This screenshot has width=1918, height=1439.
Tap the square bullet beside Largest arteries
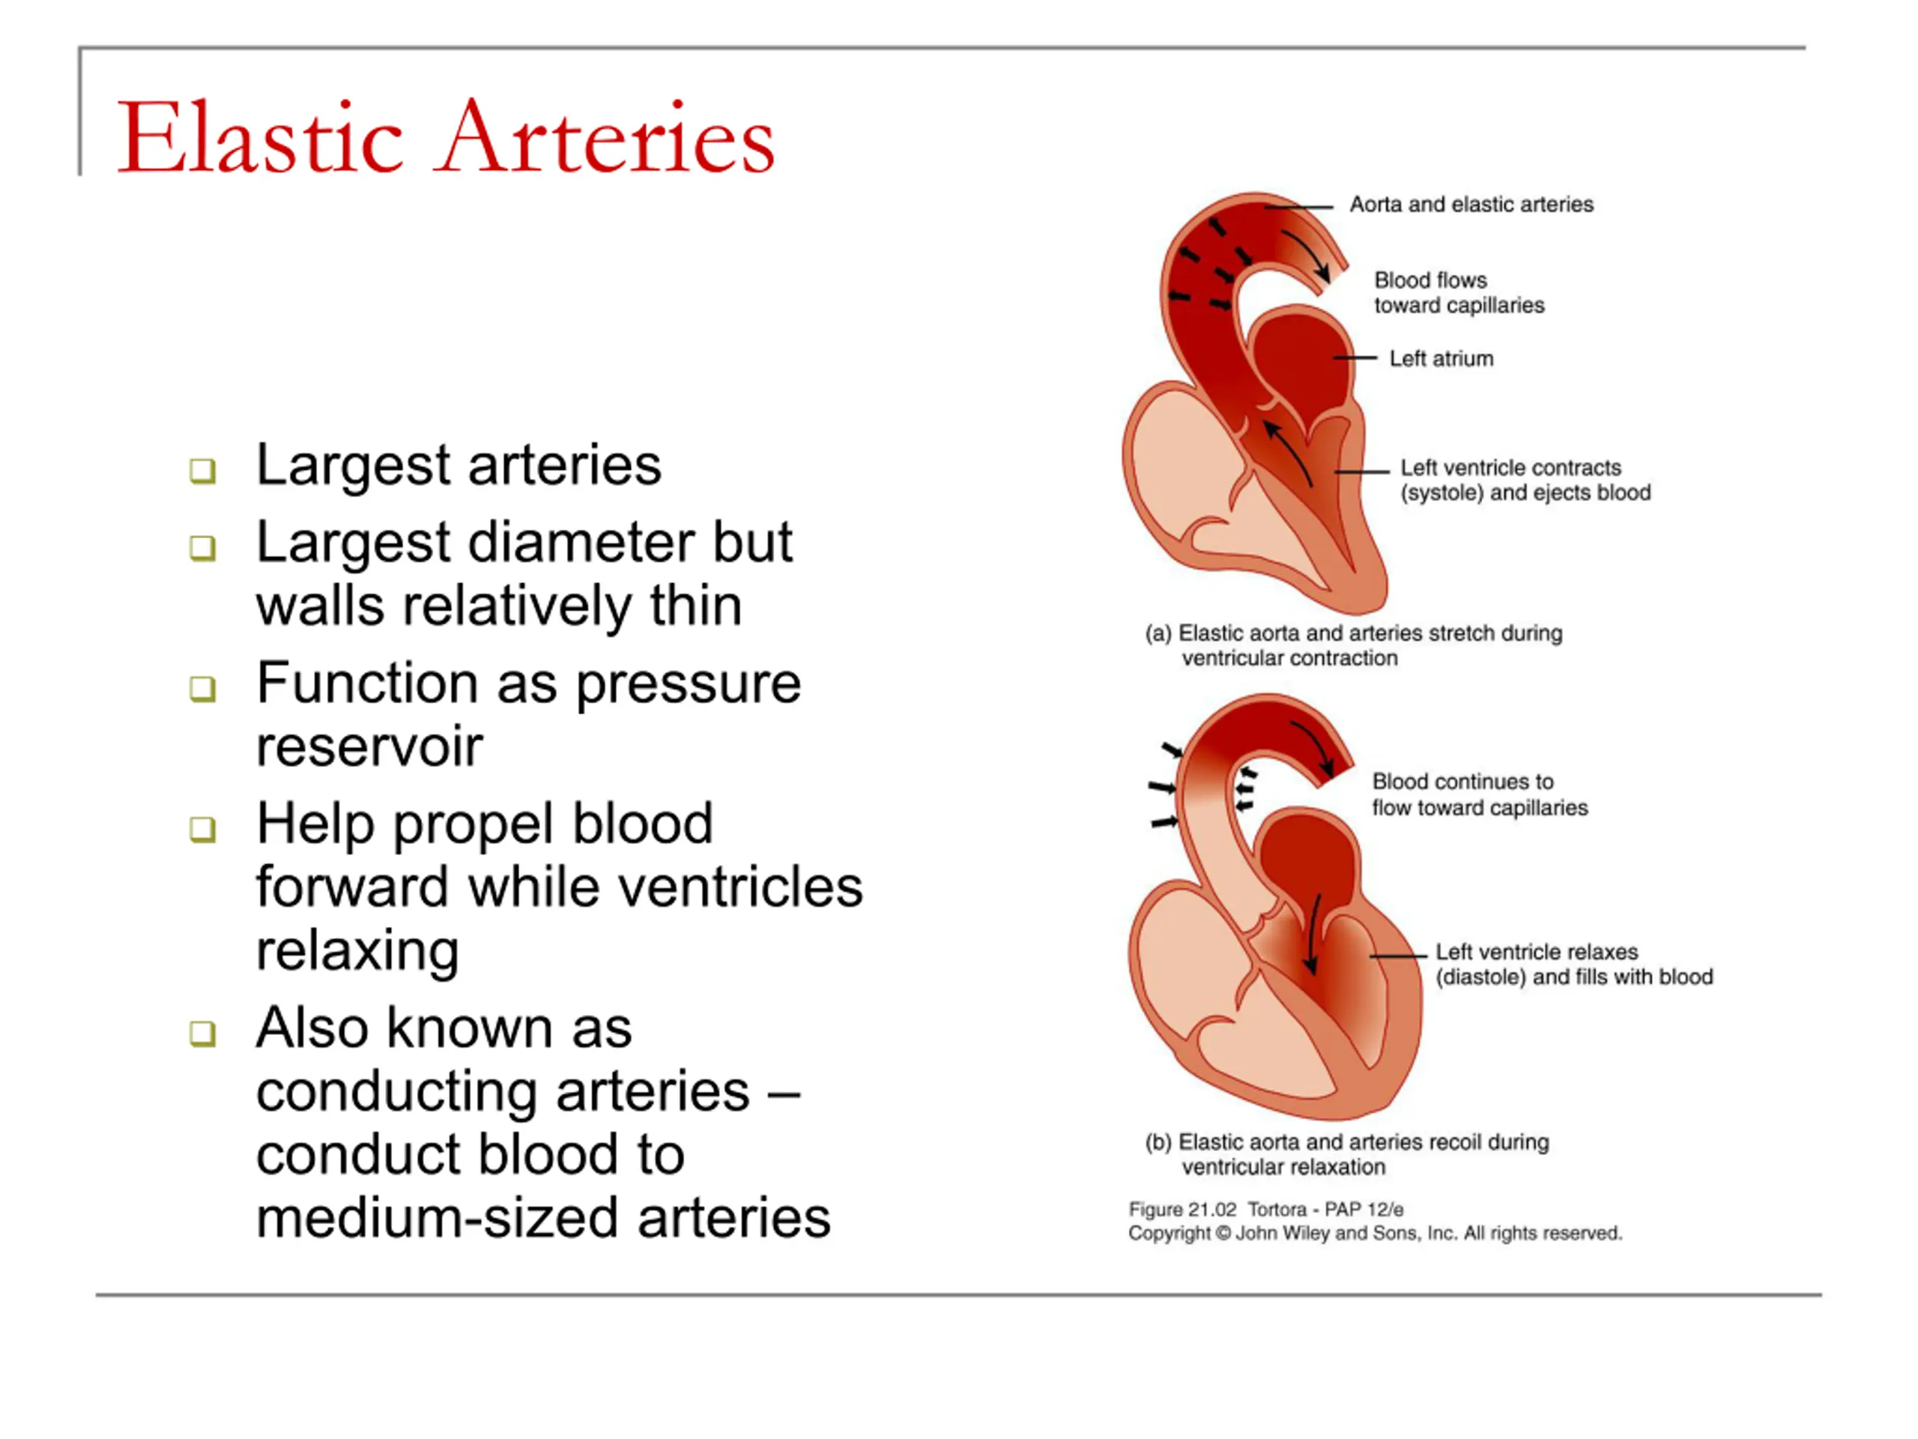click(203, 470)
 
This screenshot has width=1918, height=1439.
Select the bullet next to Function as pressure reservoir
click(203, 689)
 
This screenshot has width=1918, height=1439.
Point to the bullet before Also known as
click(203, 1033)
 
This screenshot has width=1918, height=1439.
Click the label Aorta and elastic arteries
click(1471, 205)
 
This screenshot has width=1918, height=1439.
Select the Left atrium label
click(1441, 358)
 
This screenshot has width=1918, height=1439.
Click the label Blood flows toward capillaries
click(1459, 292)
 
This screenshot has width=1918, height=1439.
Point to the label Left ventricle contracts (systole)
click(1526, 480)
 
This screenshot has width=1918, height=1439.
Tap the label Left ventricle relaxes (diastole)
click(1575, 965)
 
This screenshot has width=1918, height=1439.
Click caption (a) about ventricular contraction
click(1354, 645)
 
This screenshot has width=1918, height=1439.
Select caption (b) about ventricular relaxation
click(1346, 1154)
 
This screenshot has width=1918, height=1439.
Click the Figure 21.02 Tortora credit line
click(1266, 1209)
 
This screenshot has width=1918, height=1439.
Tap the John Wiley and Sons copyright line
click(1376, 1234)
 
